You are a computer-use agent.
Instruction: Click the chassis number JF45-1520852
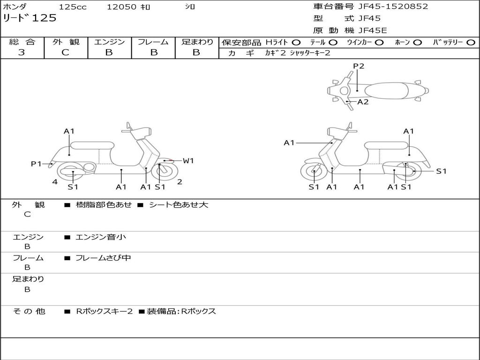[393, 6]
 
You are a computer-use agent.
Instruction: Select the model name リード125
[30, 18]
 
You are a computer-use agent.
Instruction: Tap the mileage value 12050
[121, 7]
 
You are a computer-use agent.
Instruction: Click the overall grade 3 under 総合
[22, 52]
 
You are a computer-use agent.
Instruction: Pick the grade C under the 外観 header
[65, 52]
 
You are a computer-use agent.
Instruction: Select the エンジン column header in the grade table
[109, 42]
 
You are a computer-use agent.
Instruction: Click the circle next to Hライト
[296, 43]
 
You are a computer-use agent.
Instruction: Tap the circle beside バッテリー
[471, 43]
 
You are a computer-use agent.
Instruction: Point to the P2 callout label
[359, 66]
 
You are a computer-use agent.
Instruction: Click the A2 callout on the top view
[363, 102]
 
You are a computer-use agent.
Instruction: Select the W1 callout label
[188, 160]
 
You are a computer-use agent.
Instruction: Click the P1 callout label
[36, 164]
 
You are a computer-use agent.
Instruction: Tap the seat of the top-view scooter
[386, 91]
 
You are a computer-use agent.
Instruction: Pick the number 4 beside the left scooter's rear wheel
[55, 182]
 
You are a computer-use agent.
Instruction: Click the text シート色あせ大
[179, 204]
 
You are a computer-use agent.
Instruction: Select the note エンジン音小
[101, 237]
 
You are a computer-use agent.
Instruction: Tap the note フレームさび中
[103, 258]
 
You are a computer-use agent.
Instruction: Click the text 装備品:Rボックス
[181, 311]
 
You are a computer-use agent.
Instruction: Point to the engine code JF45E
[373, 30]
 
